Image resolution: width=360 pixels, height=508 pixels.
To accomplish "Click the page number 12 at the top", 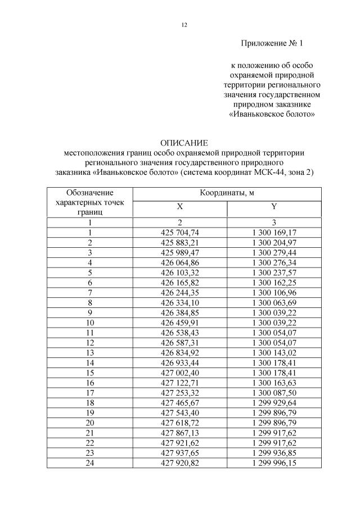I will coord(184,25).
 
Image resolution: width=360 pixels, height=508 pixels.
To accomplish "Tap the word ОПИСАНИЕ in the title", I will coord(184,143).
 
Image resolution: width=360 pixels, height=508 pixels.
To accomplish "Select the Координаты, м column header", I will coord(227,193).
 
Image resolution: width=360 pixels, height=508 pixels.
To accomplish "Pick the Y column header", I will coord(274,207).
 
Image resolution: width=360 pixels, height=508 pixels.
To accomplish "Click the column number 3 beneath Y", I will coord(274,223).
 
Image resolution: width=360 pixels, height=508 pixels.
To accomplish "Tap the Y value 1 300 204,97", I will coord(274,242).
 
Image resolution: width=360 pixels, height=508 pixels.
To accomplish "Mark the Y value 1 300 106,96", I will coord(274,292).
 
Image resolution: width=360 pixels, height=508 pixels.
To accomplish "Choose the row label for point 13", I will coord(89,352).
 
